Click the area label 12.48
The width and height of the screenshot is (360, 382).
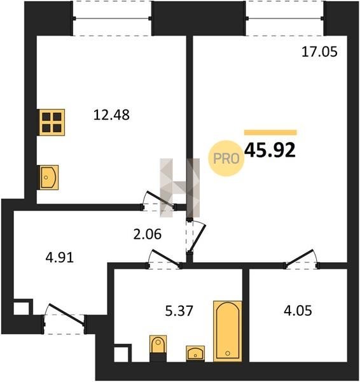click(111, 115)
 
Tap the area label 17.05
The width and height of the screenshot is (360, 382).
click(319, 52)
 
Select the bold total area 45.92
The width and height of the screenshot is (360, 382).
click(270, 150)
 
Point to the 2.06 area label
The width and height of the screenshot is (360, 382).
click(148, 234)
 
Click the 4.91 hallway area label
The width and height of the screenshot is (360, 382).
click(60, 257)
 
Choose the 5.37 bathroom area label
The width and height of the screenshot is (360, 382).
click(179, 311)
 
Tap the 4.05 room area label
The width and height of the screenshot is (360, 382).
click(298, 311)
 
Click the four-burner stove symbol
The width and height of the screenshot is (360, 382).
click(52, 122)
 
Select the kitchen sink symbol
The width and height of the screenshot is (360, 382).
click(49, 177)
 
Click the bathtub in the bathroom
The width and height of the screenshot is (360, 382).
click(228, 331)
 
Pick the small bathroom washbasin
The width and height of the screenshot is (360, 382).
click(195, 353)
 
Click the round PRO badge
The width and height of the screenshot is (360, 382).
click(226, 159)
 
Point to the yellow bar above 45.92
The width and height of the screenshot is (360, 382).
click(271, 132)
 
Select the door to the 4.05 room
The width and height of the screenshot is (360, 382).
click(302, 258)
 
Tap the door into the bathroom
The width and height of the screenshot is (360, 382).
click(165, 257)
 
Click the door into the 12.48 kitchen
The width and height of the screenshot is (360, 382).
click(160, 200)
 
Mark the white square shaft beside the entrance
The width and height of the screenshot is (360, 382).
click(22, 309)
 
